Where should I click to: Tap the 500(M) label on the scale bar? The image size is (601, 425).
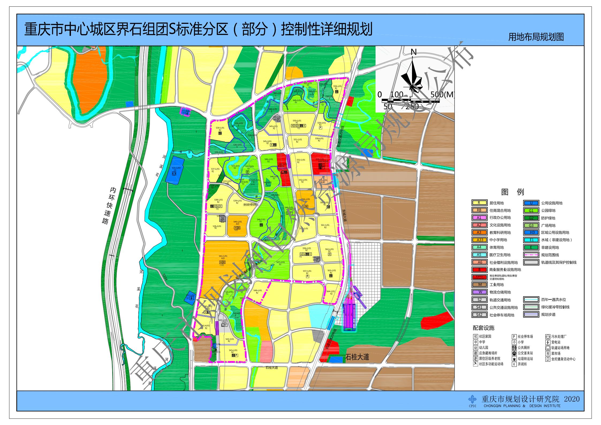442,95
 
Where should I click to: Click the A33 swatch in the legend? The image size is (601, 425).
479,240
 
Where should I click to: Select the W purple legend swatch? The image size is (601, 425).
479,292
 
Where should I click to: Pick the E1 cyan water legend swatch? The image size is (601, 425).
531,240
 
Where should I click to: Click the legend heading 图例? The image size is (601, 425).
512,192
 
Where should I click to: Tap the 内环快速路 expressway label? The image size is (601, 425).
109,205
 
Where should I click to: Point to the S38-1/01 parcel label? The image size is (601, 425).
218,200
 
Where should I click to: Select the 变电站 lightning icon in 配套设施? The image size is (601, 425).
548,342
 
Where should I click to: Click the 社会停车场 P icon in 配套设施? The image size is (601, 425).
514,336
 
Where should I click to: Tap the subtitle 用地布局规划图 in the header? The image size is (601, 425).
536,37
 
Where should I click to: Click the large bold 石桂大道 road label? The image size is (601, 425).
357,357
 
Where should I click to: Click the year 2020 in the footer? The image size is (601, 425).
572,407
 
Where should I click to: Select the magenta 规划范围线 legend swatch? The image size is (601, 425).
531,255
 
